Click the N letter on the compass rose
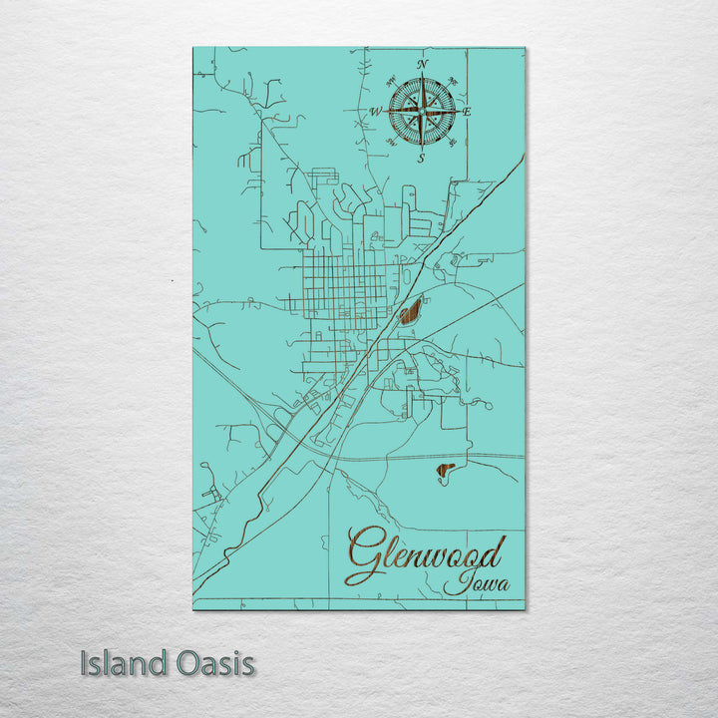(422, 65)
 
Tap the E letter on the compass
(466, 112)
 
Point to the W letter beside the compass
(376, 112)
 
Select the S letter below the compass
(421, 159)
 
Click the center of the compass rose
(421, 112)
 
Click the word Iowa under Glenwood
(477, 582)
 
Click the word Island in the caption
(119, 663)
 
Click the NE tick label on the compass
(454, 80)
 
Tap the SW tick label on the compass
(389, 145)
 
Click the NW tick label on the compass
(389, 80)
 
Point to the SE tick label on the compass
(454, 145)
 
